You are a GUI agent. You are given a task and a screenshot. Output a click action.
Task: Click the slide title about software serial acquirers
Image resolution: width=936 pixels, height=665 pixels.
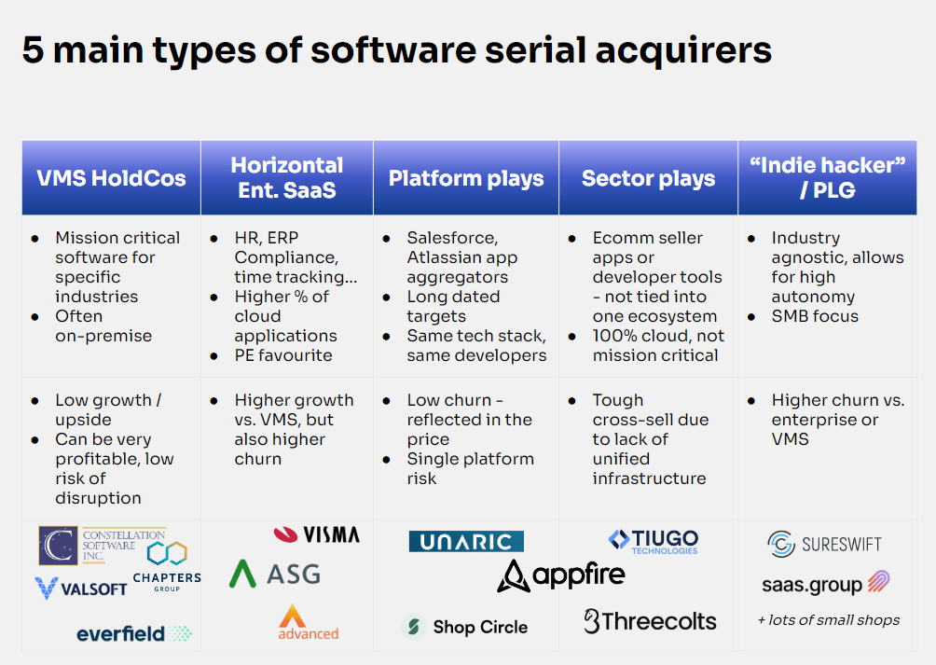396,50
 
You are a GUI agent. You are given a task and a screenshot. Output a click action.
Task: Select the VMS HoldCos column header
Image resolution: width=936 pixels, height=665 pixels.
110,178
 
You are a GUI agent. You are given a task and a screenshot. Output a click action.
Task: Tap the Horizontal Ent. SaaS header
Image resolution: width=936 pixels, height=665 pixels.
287,177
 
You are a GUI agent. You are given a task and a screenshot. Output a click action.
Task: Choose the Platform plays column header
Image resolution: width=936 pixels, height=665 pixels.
466,178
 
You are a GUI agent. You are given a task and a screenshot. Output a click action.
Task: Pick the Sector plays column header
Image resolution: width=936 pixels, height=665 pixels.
649,178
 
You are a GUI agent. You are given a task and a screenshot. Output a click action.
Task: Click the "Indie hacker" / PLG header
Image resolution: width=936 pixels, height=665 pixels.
828,177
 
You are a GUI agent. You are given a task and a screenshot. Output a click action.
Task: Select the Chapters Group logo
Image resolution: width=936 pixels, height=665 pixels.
166,567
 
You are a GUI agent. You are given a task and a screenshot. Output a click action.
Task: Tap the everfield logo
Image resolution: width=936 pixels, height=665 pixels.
133,634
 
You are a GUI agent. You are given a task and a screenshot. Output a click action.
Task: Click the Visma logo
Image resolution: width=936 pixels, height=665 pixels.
316,534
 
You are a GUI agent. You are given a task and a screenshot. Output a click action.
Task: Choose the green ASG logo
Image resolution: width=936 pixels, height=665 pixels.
275,574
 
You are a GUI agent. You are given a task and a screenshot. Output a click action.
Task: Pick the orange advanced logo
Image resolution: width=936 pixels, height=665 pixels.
308,623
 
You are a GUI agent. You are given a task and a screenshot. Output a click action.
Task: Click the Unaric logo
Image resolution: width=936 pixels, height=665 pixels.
466,542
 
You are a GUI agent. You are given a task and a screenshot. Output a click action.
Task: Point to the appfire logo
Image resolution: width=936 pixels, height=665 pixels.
561,575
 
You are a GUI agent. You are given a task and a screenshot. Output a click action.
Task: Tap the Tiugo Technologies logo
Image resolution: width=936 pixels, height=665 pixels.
653,541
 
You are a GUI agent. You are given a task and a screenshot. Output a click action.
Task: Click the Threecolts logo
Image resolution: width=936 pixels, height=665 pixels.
650,621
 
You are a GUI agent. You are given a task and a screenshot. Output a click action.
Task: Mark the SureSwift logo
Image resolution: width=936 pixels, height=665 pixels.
824,544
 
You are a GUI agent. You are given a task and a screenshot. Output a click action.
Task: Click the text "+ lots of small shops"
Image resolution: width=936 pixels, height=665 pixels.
829,619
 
